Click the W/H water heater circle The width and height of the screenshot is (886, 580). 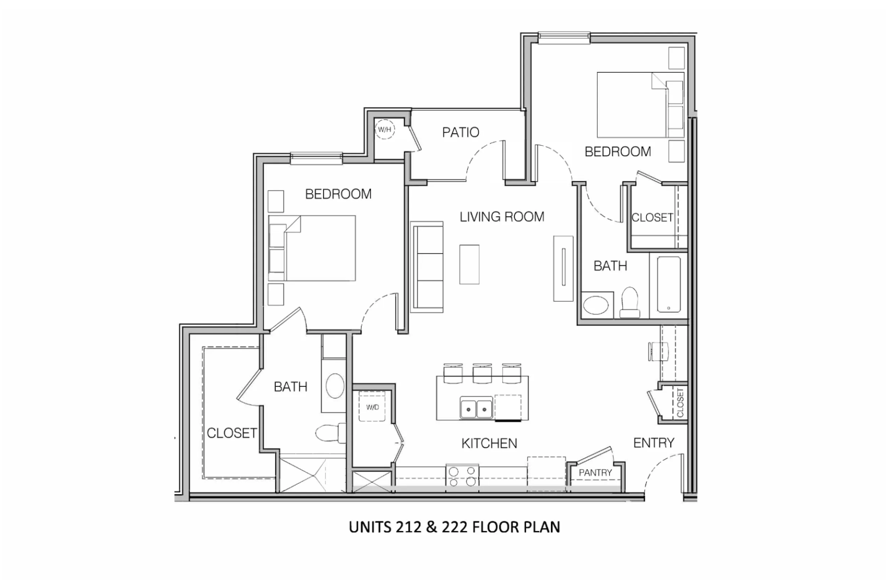click(x=384, y=130)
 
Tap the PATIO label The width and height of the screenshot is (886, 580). click(x=460, y=133)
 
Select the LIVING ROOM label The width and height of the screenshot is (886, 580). click(x=502, y=217)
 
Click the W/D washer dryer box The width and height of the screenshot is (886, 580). click(x=373, y=407)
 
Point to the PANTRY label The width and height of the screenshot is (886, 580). click(x=595, y=473)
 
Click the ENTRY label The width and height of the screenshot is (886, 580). click(x=654, y=443)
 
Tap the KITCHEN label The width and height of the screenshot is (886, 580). click(x=489, y=443)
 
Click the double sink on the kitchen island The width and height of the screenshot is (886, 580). click(x=476, y=409)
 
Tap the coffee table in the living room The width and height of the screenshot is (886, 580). click(x=470, y=264)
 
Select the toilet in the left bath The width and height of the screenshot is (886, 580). click(x=329, y=432)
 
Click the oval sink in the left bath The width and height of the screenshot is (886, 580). click(x=335, y=386)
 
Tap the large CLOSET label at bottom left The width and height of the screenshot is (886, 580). click(x=232, y=433)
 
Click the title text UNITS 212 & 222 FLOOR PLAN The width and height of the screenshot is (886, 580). click(x=454, y=527)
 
